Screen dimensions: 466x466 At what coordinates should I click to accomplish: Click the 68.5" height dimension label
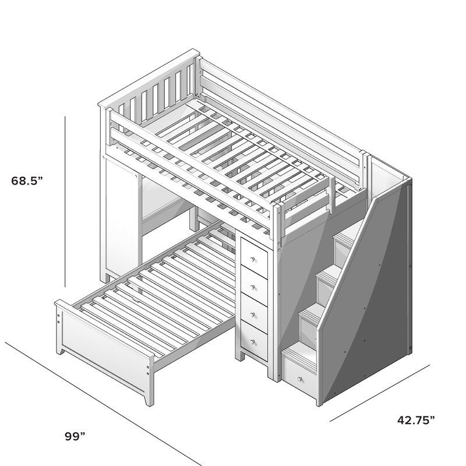pyautogui.click(x=27, y=181)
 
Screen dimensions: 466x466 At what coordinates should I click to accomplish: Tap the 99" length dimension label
pyautogui.click(x=75, y=434)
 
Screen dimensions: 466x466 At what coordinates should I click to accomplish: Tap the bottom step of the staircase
pyautogui.click(x=296, y=352)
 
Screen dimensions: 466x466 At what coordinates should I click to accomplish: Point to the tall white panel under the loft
pyautogui.click(x=120, y=216)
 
